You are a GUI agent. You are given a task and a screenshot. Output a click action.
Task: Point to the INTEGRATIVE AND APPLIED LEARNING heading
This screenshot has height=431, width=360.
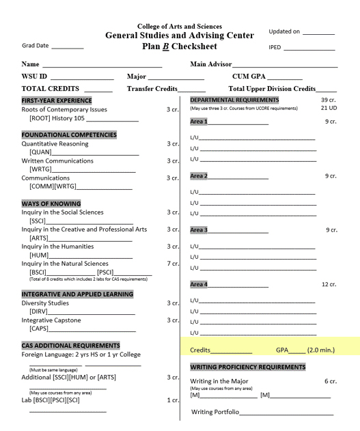point(77,294)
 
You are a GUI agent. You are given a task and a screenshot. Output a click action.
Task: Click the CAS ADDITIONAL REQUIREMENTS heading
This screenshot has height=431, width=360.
point(70,345)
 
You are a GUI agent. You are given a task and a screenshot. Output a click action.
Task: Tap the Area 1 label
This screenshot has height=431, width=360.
point(199,122)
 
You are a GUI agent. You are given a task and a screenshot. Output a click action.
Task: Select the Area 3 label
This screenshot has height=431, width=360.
point(199,230)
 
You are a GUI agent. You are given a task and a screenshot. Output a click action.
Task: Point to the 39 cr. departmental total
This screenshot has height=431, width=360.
point(329,100)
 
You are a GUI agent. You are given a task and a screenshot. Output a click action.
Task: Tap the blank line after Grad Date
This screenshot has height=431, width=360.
point(67,48)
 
